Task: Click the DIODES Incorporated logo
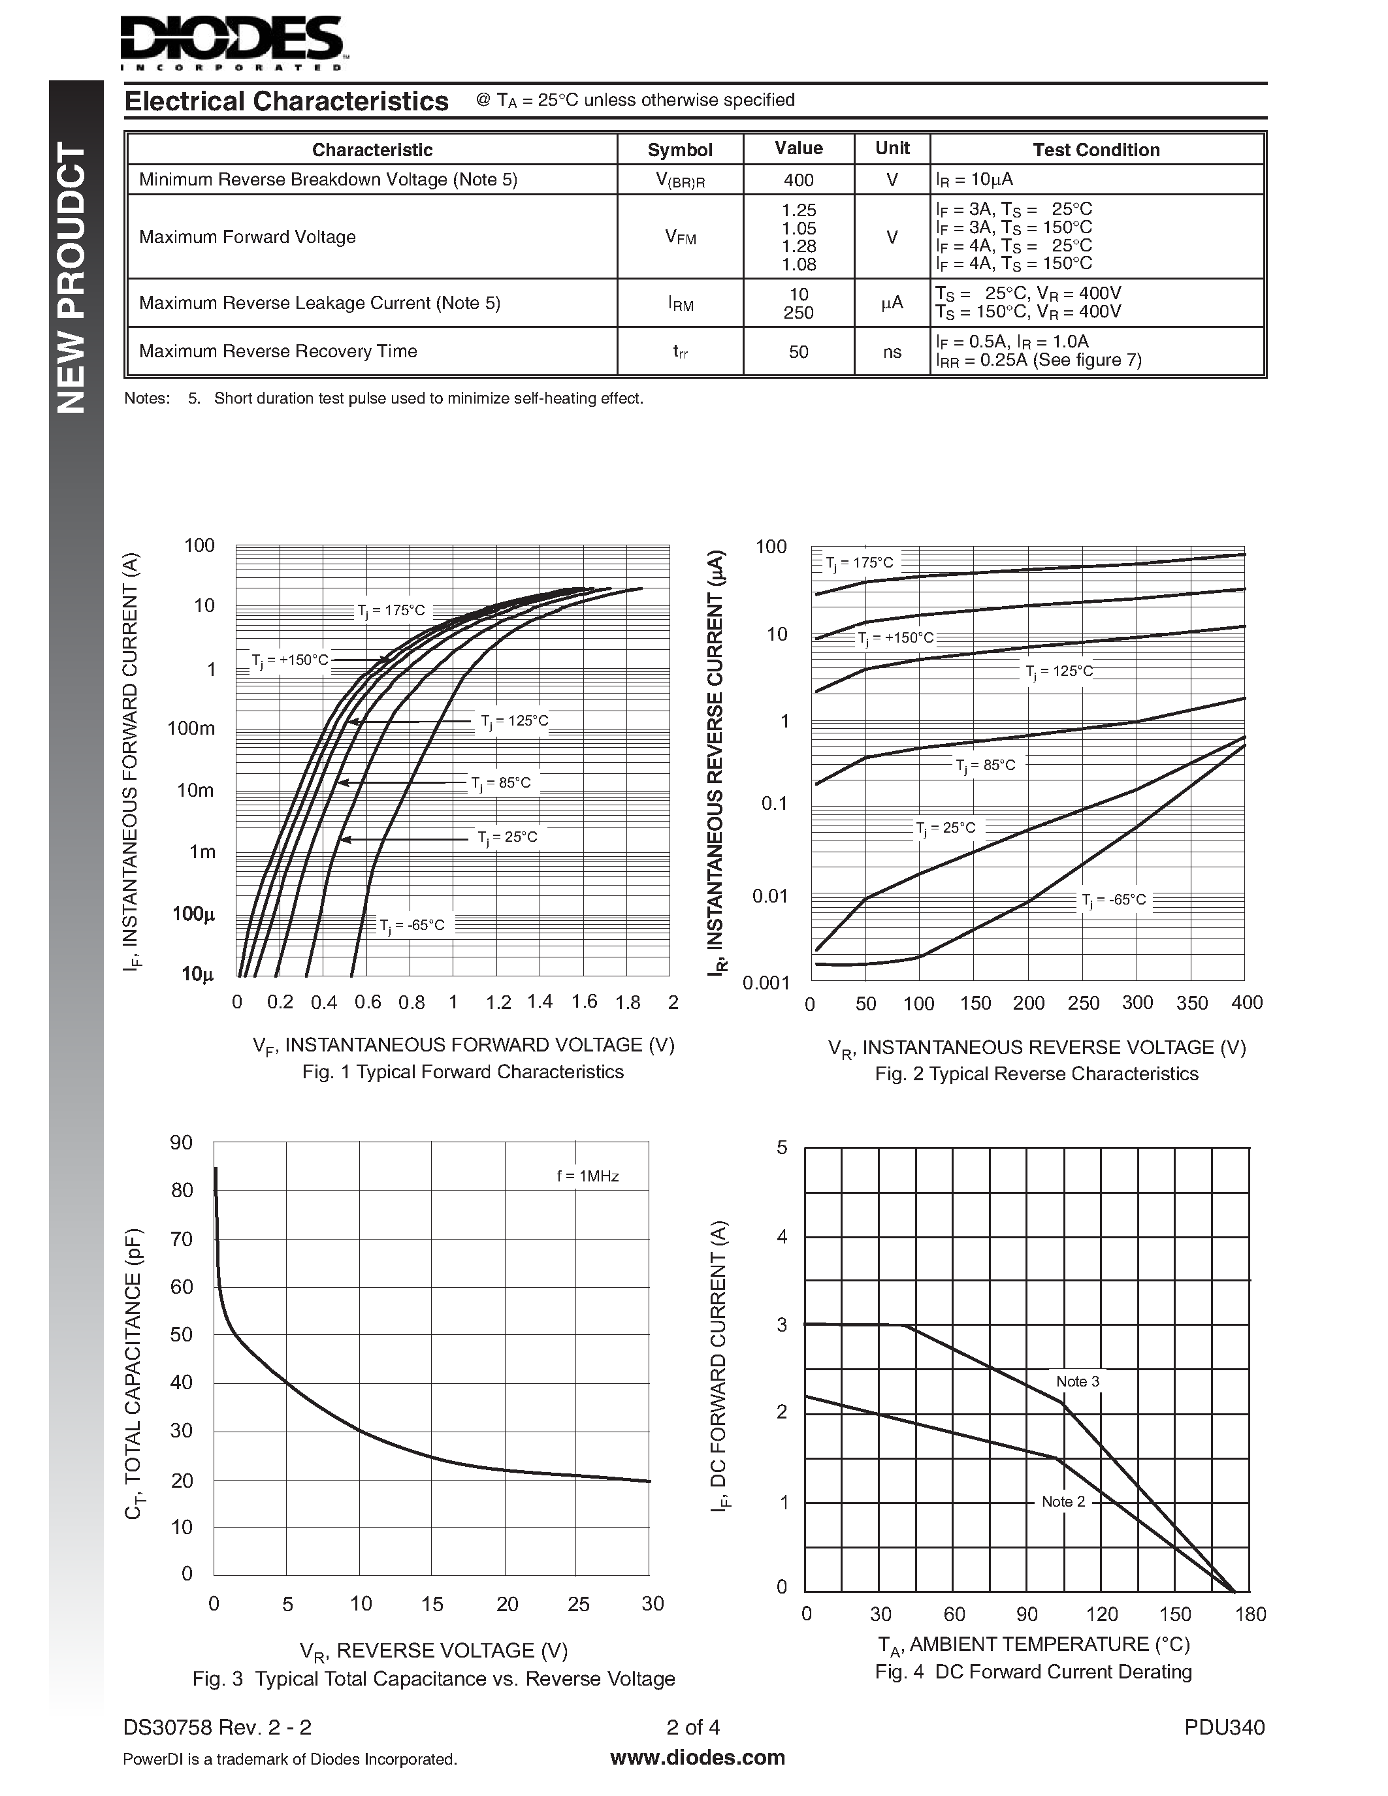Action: coord(233,41)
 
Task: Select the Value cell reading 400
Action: coord(798,179)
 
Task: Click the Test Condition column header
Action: coord(1095,150)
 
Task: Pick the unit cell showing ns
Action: coord(892,352)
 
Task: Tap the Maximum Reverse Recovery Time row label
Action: coord(278,351)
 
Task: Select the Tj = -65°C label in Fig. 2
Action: coord(1114,900)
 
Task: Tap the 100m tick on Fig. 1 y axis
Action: coord(191,728)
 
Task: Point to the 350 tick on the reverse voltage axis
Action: coord(1191,1002)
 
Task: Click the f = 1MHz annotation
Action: coord(587,1176)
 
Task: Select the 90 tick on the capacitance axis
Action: coord(181,1142)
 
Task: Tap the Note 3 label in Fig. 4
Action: coord(1077,1381)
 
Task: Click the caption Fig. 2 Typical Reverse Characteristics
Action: coord(1036,1073)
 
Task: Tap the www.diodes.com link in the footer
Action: coord(698,1757)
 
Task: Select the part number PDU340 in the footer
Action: coord(1223,1727)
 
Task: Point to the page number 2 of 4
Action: coord(693,1727)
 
